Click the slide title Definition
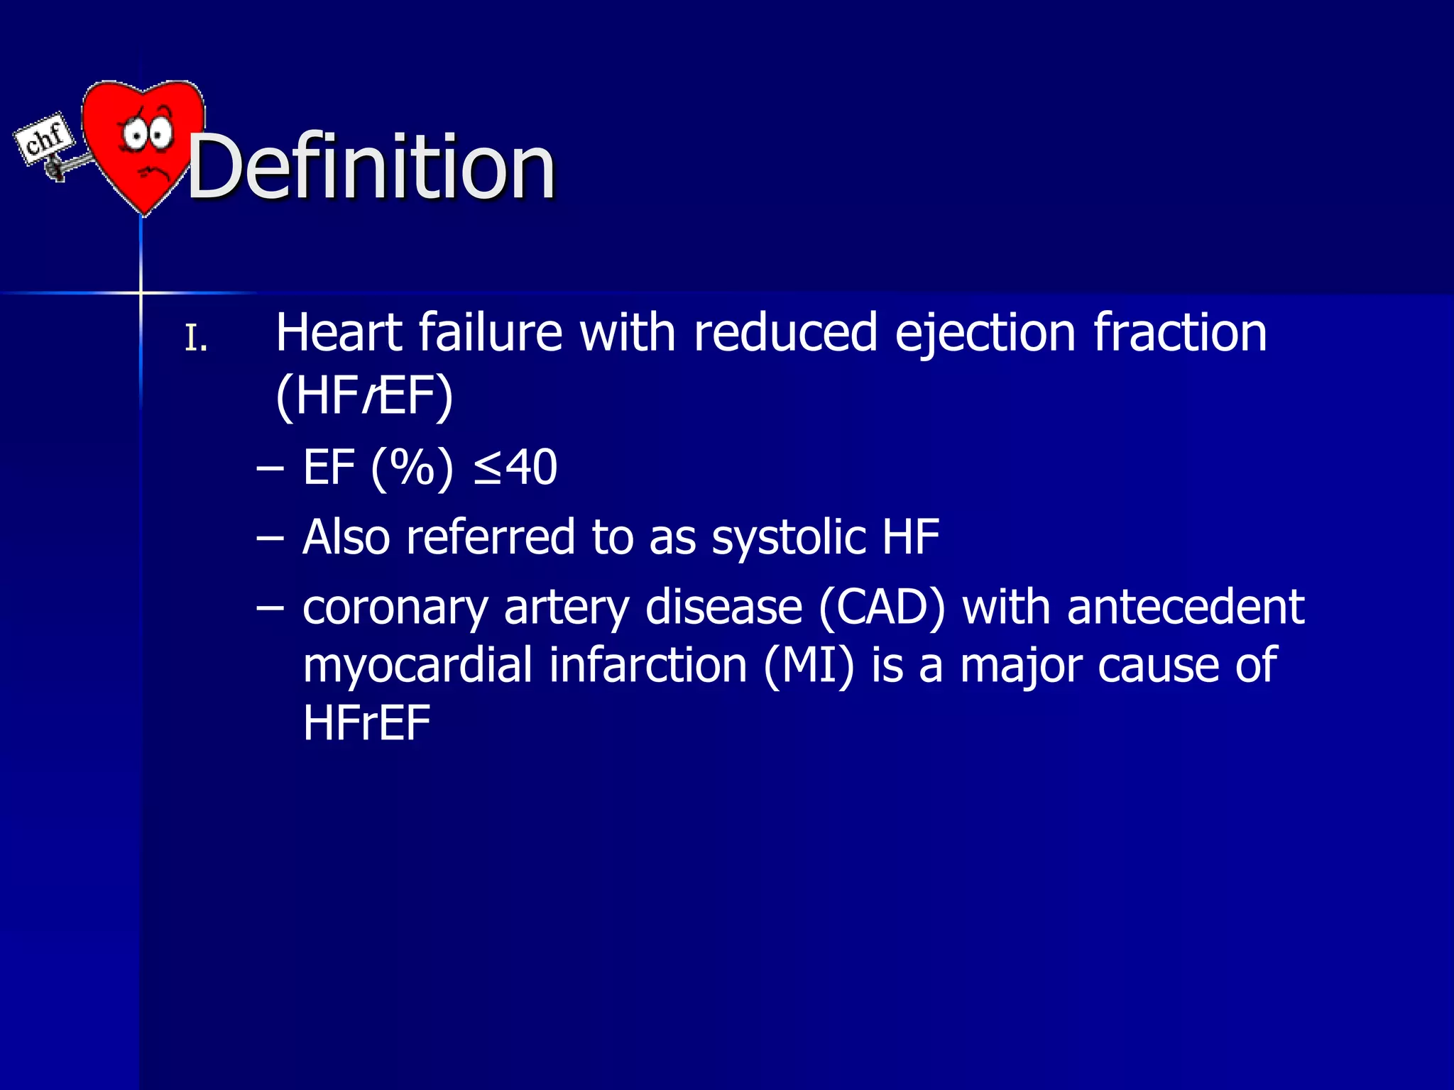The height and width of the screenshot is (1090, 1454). coord(371,168)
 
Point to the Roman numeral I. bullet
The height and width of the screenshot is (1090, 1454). coord(196,339)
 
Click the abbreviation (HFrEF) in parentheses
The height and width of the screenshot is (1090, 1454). coord(363,396)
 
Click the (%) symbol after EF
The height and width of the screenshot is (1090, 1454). coord(412,468)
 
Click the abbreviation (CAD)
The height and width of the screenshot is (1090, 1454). coord(882,607)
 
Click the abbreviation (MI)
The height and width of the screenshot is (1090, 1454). coord(809,666)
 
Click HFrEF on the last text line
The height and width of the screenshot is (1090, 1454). coord(366,723)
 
